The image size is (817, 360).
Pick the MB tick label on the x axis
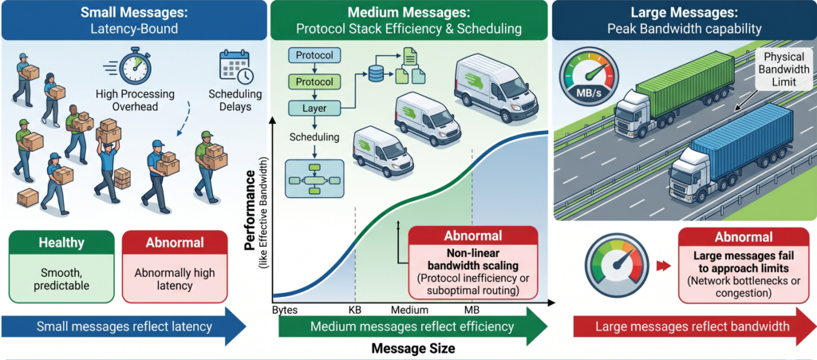[472, 310]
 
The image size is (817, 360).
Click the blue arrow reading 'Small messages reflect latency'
[120, 326]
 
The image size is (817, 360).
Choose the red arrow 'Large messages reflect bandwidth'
[686, 326]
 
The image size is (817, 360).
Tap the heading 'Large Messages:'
[685, 13]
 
